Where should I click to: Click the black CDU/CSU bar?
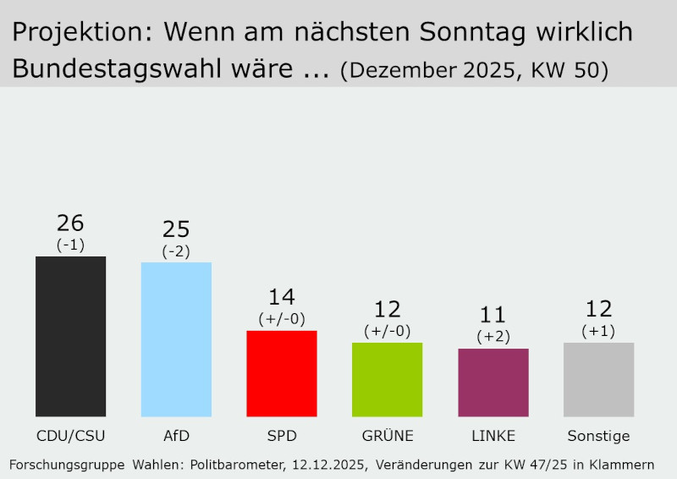70,336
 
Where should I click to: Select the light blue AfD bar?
176,339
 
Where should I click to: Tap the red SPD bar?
282,373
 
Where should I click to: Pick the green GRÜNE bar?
387,379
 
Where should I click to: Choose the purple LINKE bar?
493,383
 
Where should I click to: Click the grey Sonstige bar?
598,379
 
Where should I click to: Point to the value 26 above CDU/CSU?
70,223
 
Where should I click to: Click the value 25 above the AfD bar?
176,229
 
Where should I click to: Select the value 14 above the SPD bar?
282,298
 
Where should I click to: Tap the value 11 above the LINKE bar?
493,316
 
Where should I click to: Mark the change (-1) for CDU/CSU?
70,245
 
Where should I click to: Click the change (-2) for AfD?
176,251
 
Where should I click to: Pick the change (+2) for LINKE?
493,337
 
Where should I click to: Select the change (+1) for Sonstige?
598,331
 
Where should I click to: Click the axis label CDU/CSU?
70,437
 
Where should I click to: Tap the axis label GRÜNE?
387,437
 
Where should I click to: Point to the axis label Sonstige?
598,437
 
